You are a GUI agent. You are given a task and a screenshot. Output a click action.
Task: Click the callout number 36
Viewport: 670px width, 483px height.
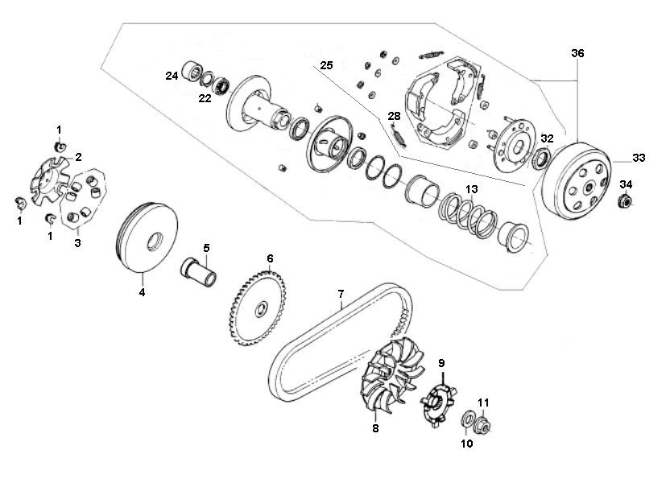click(x=577, y=53)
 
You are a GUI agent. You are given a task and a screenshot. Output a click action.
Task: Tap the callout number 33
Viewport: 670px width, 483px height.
click(x=639, y=158)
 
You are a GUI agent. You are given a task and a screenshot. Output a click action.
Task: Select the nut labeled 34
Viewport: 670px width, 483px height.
click(x=625, y=201)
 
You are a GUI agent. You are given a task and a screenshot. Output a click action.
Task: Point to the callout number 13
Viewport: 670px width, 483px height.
click(x=472, y=189)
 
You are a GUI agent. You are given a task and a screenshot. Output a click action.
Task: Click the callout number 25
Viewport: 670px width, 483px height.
click(x=325, y=64)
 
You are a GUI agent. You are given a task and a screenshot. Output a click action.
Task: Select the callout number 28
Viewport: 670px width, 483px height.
click(x=394, y=116)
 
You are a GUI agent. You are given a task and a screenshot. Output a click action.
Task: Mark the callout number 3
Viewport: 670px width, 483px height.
click(x=77, y=242)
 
